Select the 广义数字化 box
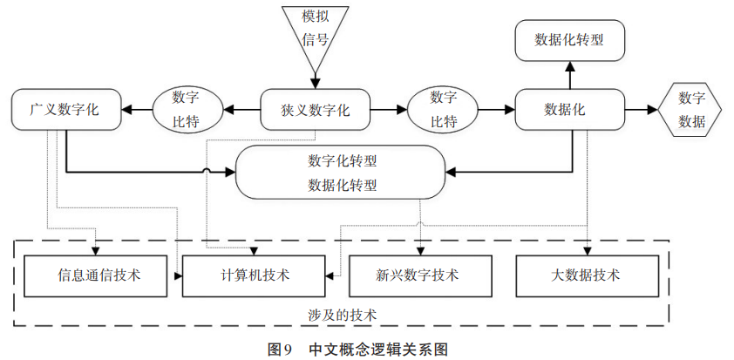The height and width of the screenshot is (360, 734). point(65,110)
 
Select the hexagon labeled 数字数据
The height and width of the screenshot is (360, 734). point(691,110)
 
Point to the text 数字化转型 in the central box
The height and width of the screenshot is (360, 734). point(343,161)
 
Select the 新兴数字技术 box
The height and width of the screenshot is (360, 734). point(417,275)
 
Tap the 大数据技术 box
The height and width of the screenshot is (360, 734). point(585,275)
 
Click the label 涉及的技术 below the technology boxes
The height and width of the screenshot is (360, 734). point(342,312)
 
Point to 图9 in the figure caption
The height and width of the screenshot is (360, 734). point(279,349)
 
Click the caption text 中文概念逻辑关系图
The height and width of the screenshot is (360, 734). point(377,349)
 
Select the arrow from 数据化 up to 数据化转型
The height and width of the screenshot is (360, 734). point(570,74)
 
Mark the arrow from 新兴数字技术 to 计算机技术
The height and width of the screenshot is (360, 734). point(338,275)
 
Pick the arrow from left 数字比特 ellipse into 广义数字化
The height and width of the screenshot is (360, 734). point(136,110)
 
